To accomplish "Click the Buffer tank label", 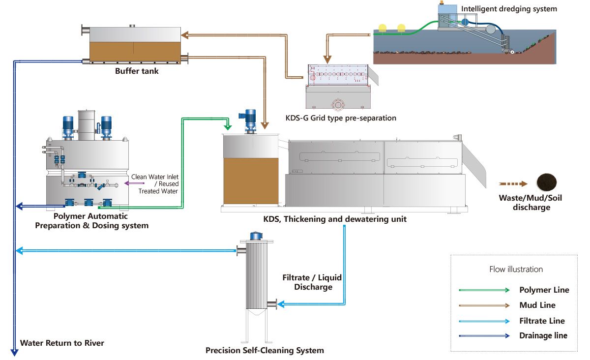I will pos(137,71).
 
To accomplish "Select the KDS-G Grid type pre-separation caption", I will pos(341,118).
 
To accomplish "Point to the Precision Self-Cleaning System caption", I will pos(265,350).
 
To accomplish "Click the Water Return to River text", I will pos(62,342).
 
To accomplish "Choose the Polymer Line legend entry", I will pos(544,290).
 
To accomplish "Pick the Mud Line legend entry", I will pos(537,305).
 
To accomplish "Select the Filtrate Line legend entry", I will pos(542,321).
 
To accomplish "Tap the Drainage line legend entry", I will pos(543,335).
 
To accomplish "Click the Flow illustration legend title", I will pos(516,269).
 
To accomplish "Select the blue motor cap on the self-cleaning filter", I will pos(256,236).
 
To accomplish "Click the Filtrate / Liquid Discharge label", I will pos(312,282).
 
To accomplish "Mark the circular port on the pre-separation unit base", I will pos(338,104).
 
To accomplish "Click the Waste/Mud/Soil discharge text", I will pos(524,202).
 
